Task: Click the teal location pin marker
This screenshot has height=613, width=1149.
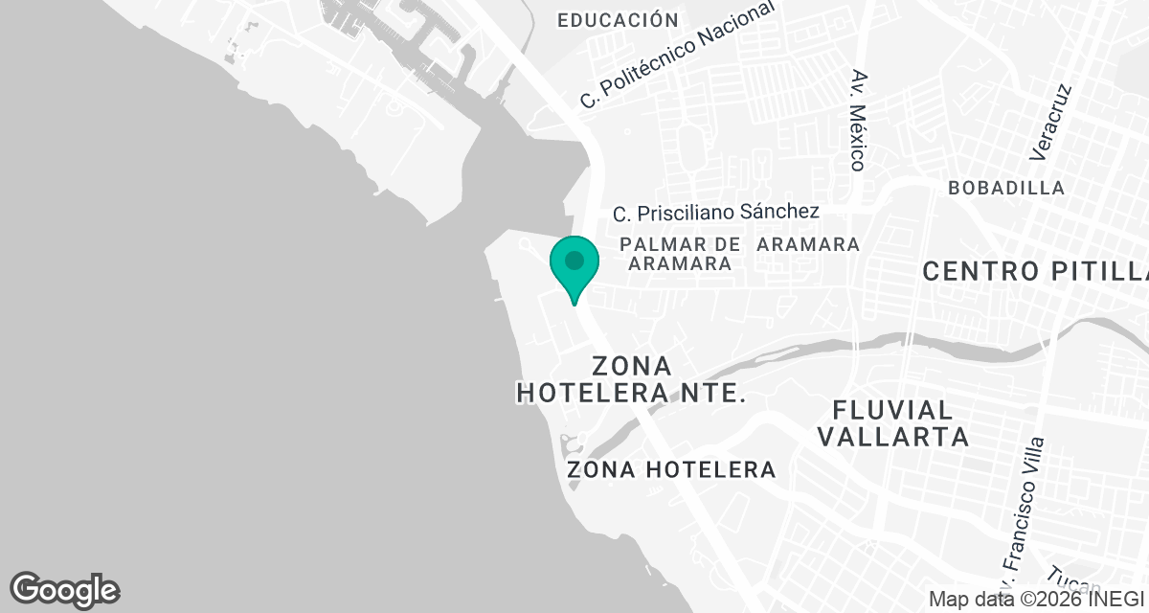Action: coord(574,264)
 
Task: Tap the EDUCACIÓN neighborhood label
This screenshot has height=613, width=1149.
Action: coord(618,20)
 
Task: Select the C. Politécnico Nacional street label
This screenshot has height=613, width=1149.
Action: coord(678,55)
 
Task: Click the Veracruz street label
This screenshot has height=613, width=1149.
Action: coord(1050,121)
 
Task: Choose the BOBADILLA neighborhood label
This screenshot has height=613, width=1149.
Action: coord(1006,188)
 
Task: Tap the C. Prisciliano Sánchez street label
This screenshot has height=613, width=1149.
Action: coord(716,212)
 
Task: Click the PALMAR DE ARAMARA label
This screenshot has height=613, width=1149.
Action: coord(681,254)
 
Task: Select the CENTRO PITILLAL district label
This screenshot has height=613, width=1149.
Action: coord(1034,271)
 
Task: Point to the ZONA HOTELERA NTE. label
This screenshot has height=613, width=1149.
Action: coord(632,379)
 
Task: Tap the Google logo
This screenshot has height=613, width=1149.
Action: coord(64,589)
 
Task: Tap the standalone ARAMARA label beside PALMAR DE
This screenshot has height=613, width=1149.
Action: coord(808,244)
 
